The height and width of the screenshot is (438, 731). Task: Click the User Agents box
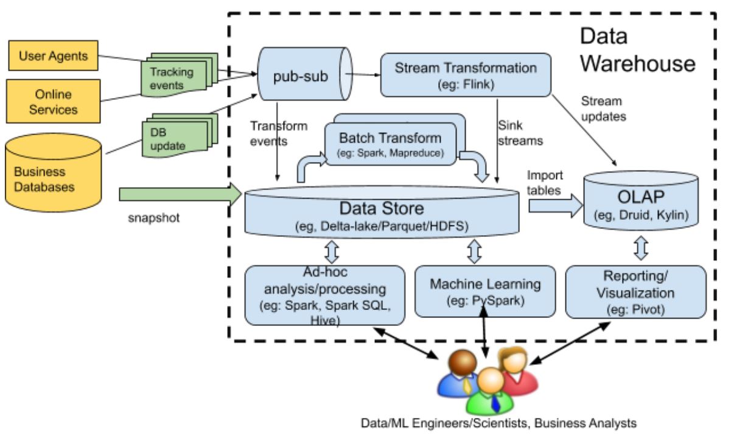(53, 57)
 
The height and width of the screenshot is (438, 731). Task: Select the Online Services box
(53, 102)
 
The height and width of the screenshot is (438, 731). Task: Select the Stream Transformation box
(465, 75)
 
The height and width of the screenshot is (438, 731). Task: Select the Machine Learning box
(484, 291)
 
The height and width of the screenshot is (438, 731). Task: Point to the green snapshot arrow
(181, 194)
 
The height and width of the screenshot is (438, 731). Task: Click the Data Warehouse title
(637, 49)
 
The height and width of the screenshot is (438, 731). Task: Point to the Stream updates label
(603, 108)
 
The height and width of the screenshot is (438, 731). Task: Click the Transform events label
(278, 132)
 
